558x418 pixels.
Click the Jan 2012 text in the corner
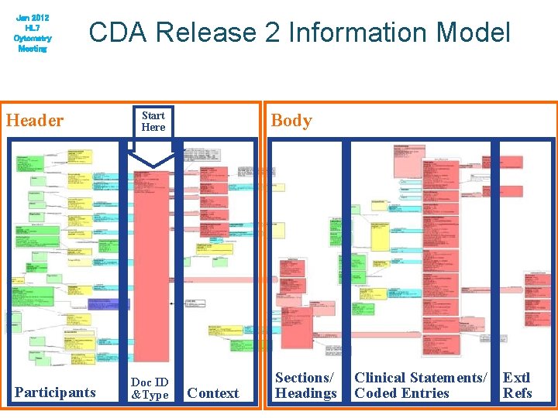click(31, 17)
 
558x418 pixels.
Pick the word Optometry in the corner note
click(31, 38)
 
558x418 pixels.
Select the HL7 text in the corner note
click(31, 27)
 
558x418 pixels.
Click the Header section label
click(35, 120)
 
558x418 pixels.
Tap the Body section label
click(291, 120)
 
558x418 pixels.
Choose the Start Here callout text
click(153, 122)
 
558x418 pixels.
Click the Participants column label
click(54, 392)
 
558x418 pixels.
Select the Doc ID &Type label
click(150, 389)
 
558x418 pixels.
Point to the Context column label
click(213, 393)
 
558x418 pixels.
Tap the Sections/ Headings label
click(305, 385)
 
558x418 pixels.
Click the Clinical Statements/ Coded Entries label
click(421, 385)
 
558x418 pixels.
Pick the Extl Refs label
click(517, 385)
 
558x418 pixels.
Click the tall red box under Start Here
click(151, 263)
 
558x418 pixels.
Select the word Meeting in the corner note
click(31, 48)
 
